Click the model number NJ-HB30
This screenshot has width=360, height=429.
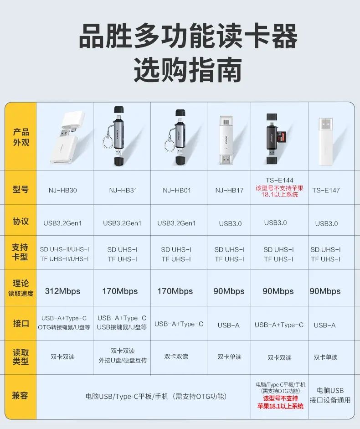(62, 190)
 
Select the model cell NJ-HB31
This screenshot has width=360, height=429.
(123, 190)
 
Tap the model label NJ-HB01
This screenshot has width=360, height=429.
(177, 190)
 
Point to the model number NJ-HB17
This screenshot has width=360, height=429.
(229, 190)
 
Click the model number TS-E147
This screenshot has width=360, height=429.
(326, 190)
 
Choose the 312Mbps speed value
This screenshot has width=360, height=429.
(62, 291)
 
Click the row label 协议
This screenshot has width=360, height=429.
(21, 221)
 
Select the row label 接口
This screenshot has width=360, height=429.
(21, 323)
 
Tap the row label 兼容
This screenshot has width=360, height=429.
(20, 395)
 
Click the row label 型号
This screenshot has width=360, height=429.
(21, 189)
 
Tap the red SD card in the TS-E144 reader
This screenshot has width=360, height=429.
(281, 137)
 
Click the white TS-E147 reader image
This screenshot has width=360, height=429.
(326, 141)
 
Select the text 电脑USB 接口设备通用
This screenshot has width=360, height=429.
(330, 395)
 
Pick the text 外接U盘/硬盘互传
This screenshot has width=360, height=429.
(123, 360)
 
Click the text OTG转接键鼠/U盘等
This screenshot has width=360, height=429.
(64, 327)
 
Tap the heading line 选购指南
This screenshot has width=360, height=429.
(188, 70)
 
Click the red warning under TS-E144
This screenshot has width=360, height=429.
(280, 191)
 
